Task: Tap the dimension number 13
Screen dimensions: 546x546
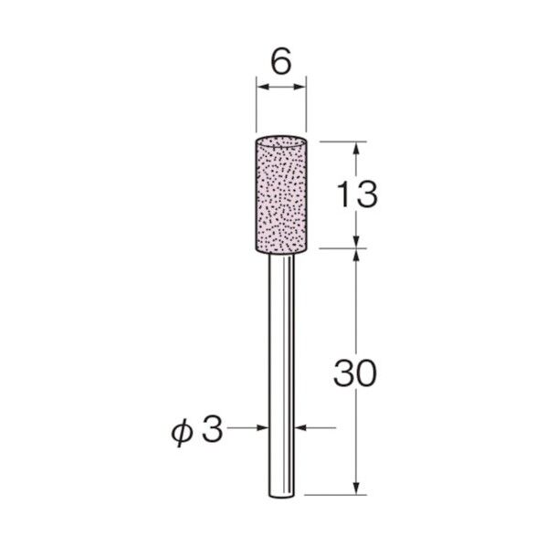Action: [358, 194]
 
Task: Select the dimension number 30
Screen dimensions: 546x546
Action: [355, 373]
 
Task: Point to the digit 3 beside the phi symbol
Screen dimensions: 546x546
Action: [212, 429]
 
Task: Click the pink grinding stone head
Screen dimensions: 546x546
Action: [281, 194]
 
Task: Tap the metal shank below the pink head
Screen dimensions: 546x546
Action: [282, 374]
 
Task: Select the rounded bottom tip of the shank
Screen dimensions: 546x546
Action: [282, 495]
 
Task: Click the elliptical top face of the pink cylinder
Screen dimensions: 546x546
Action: [281, 141]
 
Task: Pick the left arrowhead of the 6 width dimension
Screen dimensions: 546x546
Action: [263, 87]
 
